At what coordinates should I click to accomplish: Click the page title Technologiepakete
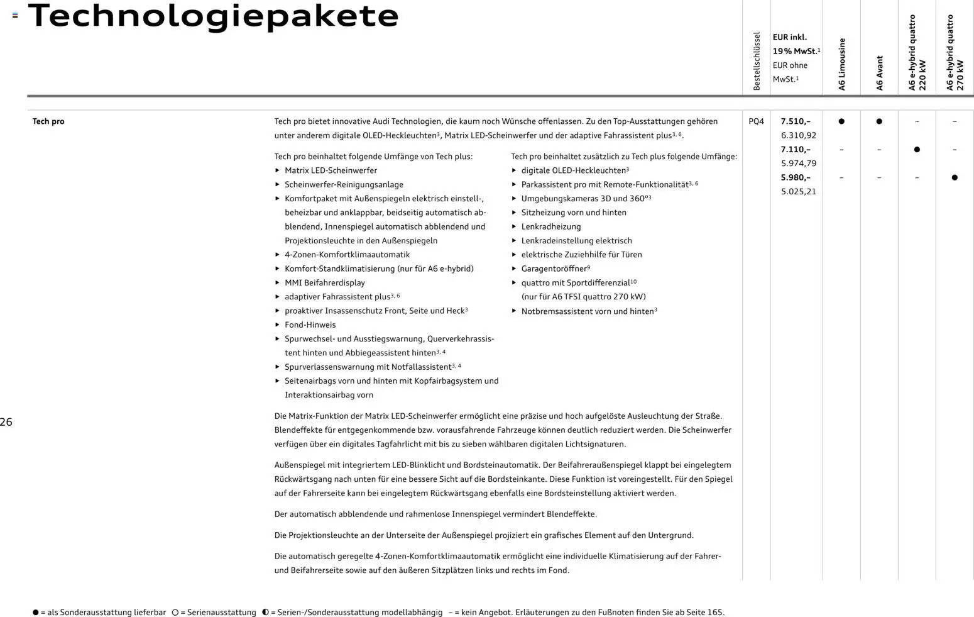(213, 16)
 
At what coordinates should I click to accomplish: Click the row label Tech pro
(48, 121)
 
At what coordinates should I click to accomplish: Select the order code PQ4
(756, 121)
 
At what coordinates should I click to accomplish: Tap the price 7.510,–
(796, 121)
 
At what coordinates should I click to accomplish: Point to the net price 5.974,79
(798, 164)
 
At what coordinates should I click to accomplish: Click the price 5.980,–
(796, 177)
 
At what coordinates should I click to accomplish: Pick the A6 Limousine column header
(841, 64)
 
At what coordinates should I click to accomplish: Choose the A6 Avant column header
(879, 73)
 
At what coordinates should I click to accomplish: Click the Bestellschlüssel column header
(757, 61)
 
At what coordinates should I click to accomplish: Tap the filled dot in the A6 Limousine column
(841, 121)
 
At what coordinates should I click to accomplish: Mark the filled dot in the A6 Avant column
(879, 121)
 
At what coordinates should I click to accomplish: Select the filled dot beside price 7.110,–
(917, 150)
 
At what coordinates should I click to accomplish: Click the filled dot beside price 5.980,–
(955, 177)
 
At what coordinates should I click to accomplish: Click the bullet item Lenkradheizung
(550, 226)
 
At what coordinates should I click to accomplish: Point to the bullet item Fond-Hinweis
(310, 325)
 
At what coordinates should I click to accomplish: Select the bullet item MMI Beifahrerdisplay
(324, 282)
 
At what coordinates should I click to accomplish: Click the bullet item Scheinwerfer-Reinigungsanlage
(344, 184)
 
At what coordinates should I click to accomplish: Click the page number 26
(6, 422)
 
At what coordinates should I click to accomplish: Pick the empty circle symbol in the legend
(175, 612)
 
